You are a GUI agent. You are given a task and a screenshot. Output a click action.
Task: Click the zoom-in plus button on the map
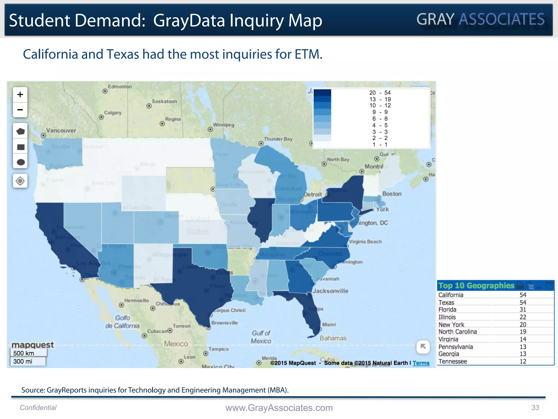[20, 95]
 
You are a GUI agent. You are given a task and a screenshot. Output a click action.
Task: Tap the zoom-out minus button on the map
[20, 110]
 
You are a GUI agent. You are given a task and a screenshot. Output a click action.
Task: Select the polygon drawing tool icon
[20, 131]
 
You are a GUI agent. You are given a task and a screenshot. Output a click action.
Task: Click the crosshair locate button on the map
[20, 181]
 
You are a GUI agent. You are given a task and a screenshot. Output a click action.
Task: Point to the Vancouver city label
[61, 130]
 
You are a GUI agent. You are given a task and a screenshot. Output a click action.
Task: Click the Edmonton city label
[120, 86]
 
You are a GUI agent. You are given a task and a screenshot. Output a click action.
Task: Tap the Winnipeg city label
[223, 125]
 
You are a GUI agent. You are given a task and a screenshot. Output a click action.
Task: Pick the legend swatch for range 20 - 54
[322, 93]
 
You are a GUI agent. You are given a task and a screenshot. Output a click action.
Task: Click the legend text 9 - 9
[380, 112]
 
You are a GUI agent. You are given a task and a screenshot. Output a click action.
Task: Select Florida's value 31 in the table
[523, 310]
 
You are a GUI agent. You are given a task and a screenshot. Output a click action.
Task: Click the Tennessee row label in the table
[453, 361]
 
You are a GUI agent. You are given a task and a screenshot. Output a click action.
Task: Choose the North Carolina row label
[457, 332]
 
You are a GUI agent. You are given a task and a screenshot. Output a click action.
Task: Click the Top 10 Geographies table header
[476, 286]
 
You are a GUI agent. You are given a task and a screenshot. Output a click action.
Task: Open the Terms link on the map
[421, 363]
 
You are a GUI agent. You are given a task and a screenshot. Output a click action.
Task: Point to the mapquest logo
[33, 345]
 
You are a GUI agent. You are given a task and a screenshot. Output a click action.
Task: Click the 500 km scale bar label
[24, 353]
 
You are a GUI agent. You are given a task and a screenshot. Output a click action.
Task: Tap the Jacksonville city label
[330, 291]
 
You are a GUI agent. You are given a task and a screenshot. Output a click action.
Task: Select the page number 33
[535, 408]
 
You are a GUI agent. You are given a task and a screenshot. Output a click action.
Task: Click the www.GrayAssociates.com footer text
[279, 408]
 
